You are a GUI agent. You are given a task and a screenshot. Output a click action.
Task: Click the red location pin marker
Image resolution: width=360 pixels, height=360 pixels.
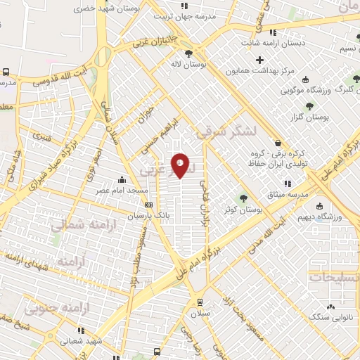point(181,165)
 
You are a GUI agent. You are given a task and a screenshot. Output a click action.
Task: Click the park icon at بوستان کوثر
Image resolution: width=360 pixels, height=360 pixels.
point(243,198)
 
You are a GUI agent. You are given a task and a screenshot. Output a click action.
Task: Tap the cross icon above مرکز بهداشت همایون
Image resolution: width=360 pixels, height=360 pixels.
point(259,60)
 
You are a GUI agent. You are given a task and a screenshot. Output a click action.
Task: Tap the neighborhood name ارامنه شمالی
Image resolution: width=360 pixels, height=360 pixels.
point(77,225)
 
